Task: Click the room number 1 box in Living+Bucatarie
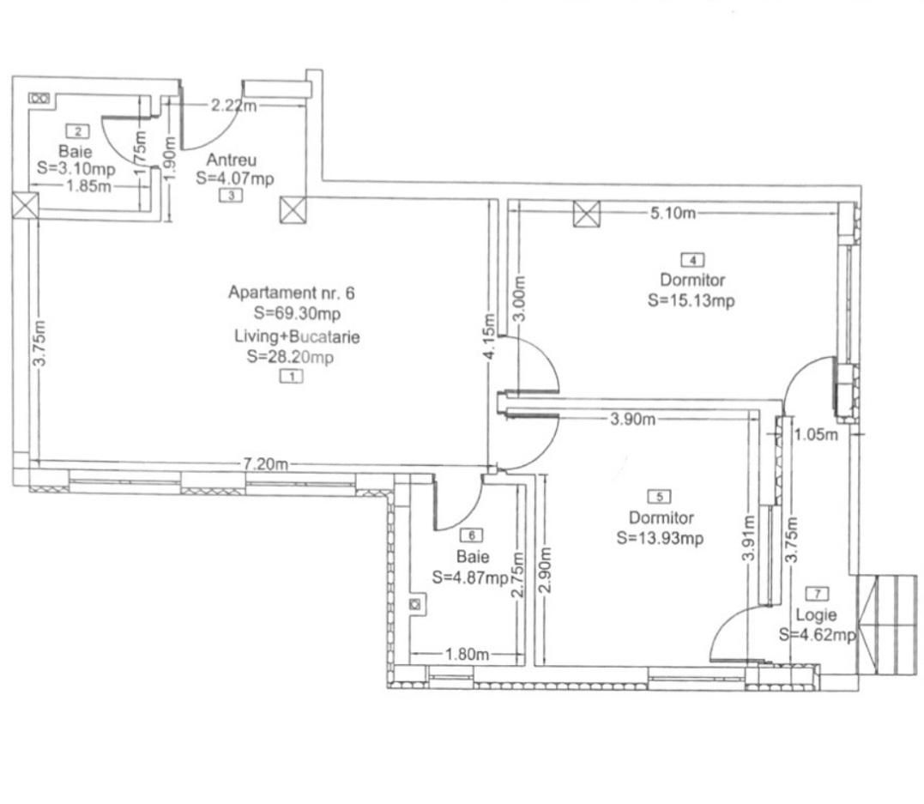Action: pyautogui.click(x=292, y=376)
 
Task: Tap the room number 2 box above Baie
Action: pyautogui.click(x=78, y=131)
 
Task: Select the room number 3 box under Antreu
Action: pyautogui.click(x=231, y=196)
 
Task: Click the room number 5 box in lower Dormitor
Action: pyautogui.click(x=660, y=497)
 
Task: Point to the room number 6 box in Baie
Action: pyautogui.click(x=472, y=535)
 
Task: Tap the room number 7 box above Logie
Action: pyautogui.click(x=818, y=594)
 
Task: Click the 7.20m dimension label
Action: pyautogui.click(x=266, y=464)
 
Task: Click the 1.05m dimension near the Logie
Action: pyautogui.click(x=815, y=434)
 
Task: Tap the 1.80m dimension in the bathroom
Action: pyautogui.click(x=467, y=655)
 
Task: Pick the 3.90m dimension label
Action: pyautogui.click(x=632, y=419)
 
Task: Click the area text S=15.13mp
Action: pyautogui.click(x=691, y=300)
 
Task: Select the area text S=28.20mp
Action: pyautogui.click(x=289, y=357)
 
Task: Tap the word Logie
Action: pyautogui.click(x=815, y=615)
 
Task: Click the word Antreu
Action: pyautogui.click(x=232, y=160)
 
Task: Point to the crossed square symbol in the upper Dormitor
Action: pyautogui.click(x=587, y=213)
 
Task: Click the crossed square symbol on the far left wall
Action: pyautogui.click(x=26, y=206)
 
